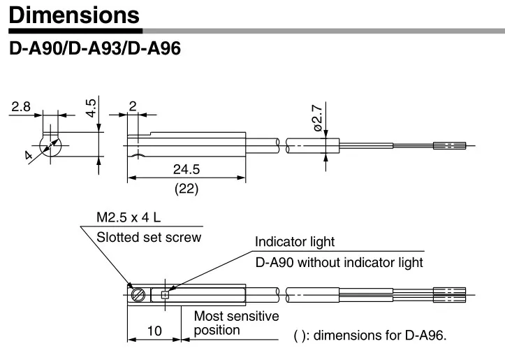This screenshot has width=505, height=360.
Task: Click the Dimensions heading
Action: (x=74, y=15)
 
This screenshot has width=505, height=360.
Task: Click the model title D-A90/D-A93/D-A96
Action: (x=95, y=48)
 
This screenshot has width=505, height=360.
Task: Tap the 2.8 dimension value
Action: (x=21, y=106)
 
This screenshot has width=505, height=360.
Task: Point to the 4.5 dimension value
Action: (x=91, y=108)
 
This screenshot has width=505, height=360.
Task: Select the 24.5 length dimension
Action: (x=186, y=169)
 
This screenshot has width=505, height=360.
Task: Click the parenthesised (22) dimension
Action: (x=186, y=189)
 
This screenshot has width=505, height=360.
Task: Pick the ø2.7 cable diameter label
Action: (x=318, y=118)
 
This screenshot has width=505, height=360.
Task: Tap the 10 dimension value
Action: (x=154, y=331)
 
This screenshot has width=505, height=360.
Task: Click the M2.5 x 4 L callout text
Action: (x=129, y=217)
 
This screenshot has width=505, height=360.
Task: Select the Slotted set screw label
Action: (x=149, y=237)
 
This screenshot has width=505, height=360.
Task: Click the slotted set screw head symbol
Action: (x=138, y=294)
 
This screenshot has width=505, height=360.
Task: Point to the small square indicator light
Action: (x=165, y=294)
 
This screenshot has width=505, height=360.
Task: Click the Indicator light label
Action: (x=295, y=242)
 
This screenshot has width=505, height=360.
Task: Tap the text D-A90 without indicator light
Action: (x=339, y=262)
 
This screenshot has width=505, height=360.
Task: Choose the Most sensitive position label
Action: (x=236, y=323)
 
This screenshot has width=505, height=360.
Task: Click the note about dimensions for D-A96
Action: (x=370, y=336)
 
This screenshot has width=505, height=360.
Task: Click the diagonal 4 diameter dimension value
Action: (x=29, y=155)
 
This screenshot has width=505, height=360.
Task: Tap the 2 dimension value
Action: (x=133, y=106)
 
